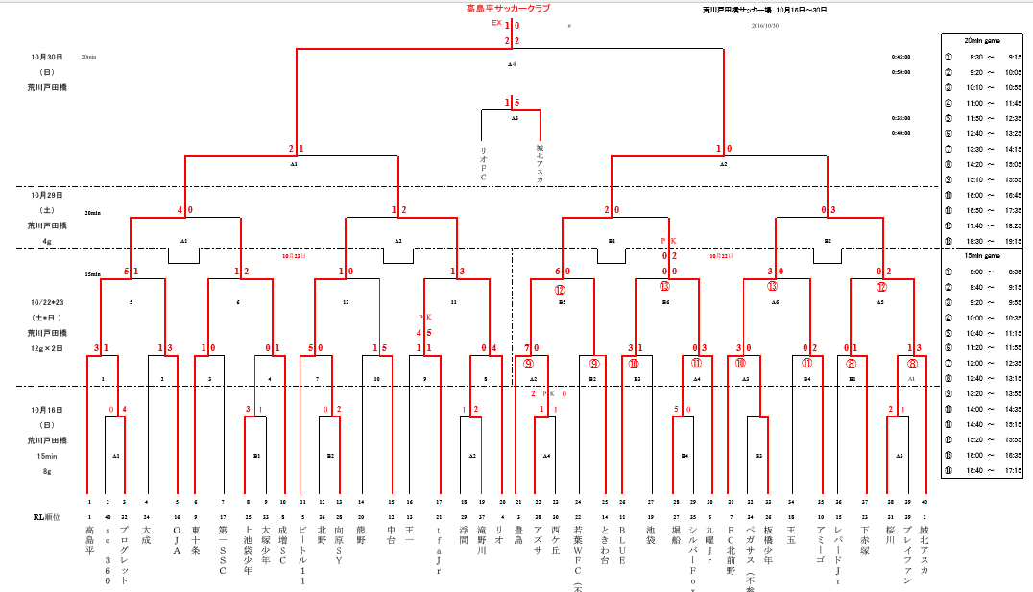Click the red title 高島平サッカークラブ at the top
508,9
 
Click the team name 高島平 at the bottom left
89,540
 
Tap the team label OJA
177,537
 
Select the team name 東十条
196,540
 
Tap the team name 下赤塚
865,540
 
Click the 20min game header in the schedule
985,40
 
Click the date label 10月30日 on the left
46,57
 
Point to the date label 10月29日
46,195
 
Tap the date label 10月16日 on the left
46,410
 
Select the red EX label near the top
496,23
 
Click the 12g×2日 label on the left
46,348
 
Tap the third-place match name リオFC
483,163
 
